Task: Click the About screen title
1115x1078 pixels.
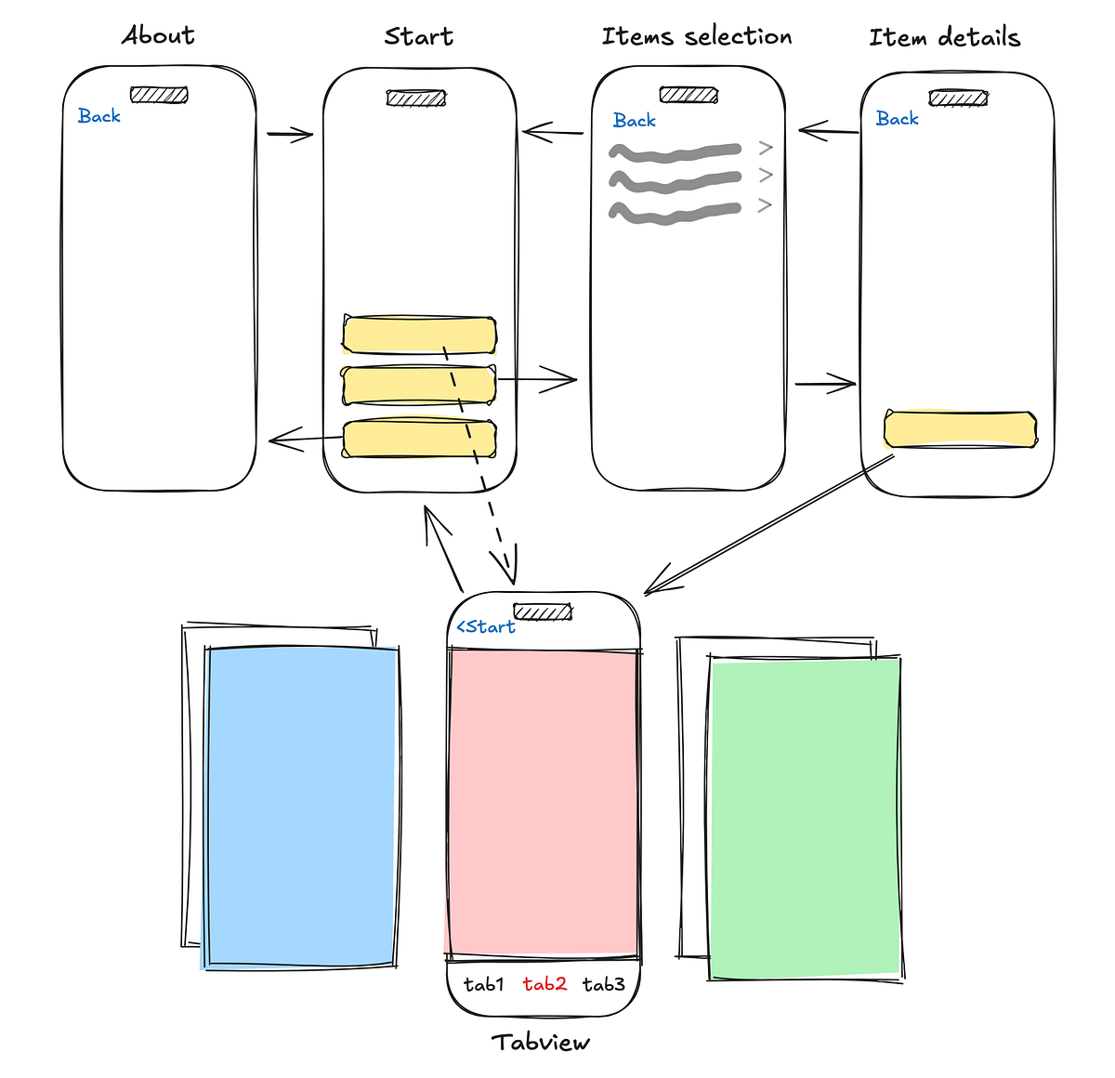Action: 158,35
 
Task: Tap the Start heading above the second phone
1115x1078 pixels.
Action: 419,36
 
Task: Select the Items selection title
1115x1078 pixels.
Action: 697,36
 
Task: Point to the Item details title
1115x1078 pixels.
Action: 944,37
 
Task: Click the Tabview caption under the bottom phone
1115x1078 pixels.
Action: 541,1042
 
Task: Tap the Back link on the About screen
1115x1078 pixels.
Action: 99,116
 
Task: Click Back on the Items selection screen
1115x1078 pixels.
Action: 635,121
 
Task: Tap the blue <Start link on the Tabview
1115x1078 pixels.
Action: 485,626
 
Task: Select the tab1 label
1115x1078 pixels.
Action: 483,984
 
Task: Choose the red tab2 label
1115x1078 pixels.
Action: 544,984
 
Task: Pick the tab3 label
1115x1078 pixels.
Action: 604,984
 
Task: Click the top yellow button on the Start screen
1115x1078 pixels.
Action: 419,335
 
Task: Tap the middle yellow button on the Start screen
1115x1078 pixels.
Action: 419,385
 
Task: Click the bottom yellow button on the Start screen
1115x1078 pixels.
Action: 419,439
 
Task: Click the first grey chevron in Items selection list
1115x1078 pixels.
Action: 766,148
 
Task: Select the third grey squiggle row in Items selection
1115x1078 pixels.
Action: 675,214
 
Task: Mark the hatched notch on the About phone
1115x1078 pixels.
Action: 159,95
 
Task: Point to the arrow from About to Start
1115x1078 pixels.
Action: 290,135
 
